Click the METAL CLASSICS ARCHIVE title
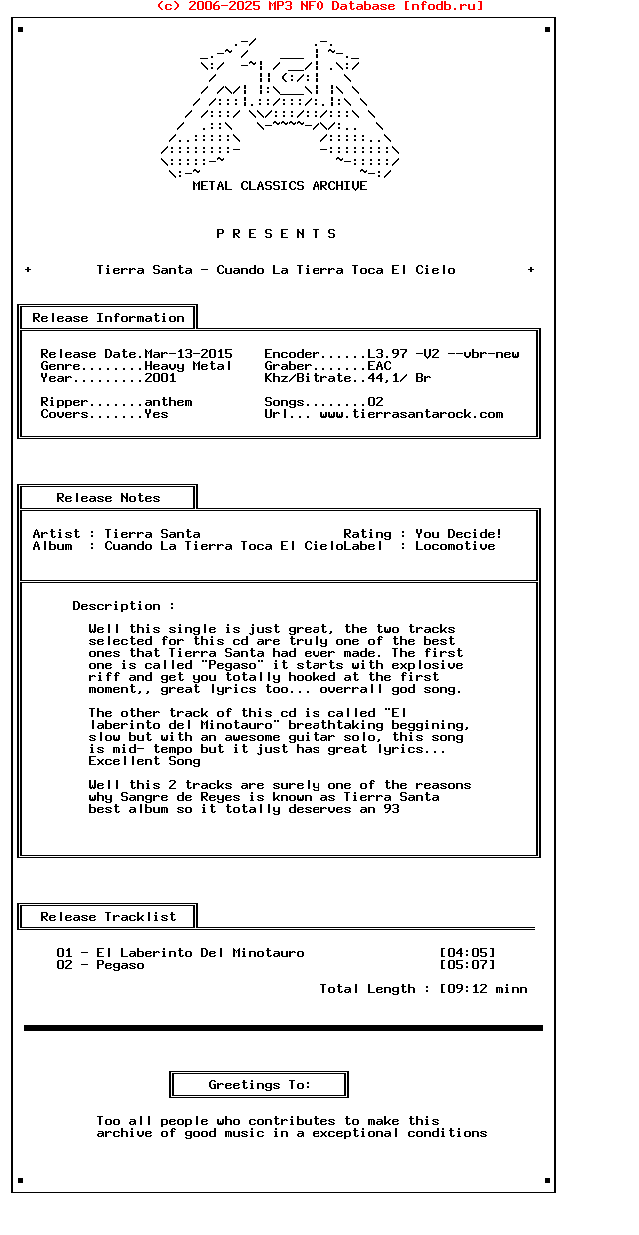pyautogui.click(x=280, y=186)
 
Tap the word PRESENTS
pyautogui.click(x=277, y=234)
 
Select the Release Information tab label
pyautogui.click(x=108, y=318)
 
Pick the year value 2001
pyautogui.click(x=160, y=378)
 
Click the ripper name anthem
pyautogui.click(x=168, y=402)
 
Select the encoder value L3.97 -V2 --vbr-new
pyautogui.click(x=443, y=354)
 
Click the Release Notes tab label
pyautogui.click(x=108, y=498)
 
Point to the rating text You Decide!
pyautogui.click(x=459, y=534)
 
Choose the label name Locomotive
pyautogui.click(x=455, y=546)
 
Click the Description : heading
pyautogui.click(x=123, y=606)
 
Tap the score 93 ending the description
pyautogui.click(x=391, y=809)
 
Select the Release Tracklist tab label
pyautogui.click(x=108, y=917)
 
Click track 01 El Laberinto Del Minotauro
pyautogui.click(x=180, y=953)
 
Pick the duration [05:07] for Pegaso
pyautogui.click(x=467, y=965)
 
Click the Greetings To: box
pyautogui.click(x=259, y=1085)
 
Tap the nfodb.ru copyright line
pyautogui.click(x=319, y=6)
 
